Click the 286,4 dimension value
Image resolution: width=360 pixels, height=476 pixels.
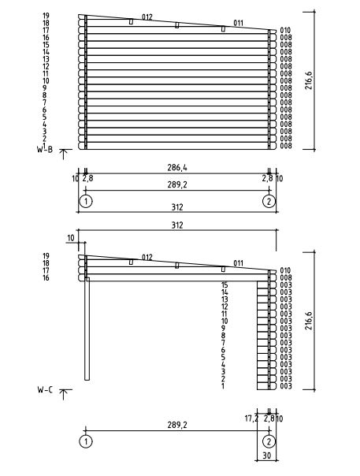click(177, 168)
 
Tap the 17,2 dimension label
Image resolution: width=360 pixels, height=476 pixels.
click(251, 418)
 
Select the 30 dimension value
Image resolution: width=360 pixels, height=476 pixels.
click(267, 456)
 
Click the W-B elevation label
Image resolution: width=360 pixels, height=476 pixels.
click(45, 148)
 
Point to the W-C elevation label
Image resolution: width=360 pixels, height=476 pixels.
click(45, 390)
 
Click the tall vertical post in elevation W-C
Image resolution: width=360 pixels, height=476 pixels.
click(87, 329)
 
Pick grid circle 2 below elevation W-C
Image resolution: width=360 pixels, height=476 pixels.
click(269, 441)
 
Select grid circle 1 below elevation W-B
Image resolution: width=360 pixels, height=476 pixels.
click(86, 201)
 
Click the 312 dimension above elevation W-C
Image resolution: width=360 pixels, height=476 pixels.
click(177, 225)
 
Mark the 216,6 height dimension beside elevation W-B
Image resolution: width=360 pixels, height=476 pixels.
click(309, 80)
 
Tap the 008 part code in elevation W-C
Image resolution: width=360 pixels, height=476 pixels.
click(286, 277)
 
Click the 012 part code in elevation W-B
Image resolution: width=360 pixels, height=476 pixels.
click(147, 17)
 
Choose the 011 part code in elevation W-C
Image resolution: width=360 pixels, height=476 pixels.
click(238, 263)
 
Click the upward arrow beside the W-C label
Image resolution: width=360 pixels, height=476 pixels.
click(63, 394)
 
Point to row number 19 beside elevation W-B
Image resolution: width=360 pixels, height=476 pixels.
click(46, 16)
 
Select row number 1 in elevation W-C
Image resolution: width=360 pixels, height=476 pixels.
click(223, 386)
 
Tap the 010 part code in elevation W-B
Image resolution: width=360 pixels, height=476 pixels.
click(285, 30)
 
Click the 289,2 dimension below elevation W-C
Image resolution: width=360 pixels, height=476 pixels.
click(177, 426)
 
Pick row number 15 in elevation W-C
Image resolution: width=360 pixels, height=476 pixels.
click(225, 285)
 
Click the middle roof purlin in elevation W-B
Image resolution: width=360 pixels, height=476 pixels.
click(177, 25)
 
